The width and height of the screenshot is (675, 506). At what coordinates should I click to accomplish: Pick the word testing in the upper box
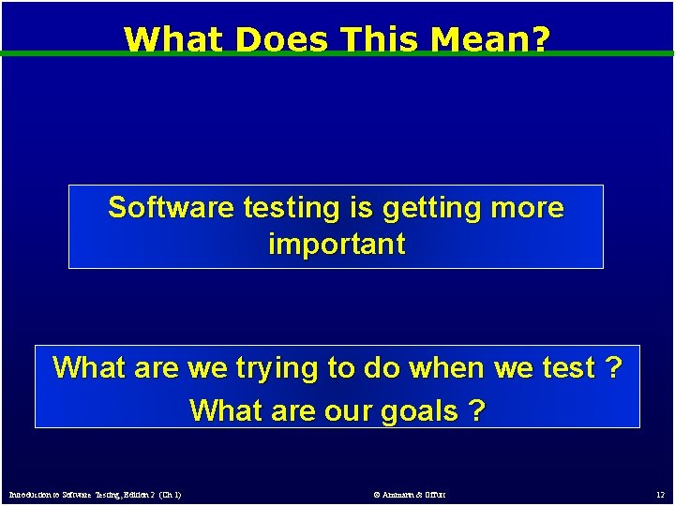pyautogui.click(x=275, y=208)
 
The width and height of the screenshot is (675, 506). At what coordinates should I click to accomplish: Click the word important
pyautogui.click(x=337, y=245)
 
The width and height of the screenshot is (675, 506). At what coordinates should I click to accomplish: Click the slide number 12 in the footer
pyautogui.click(x=660, y=494)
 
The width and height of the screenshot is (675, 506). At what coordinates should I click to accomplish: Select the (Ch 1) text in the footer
pyautogui.click(x=171, y=494)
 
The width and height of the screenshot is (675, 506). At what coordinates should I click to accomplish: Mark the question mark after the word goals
pyautogui.click(x=478, y=410)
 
